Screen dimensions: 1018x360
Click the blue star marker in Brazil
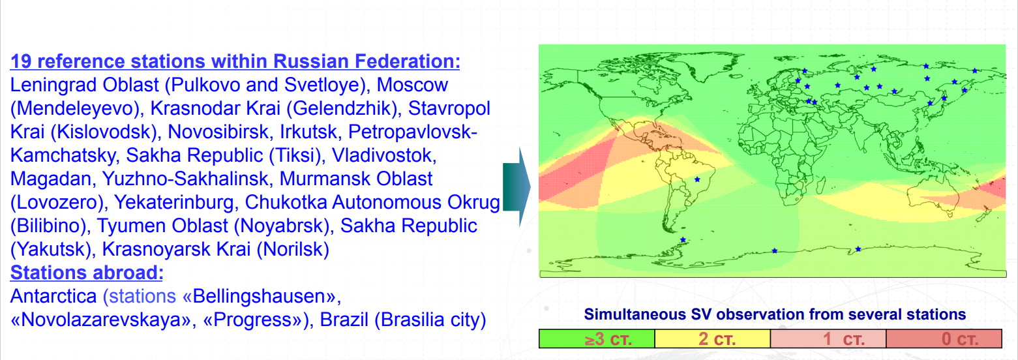(x=697, y=179)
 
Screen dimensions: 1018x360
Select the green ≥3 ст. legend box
(x=597, y=338)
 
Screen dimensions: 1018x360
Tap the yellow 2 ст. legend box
(x=713, y=338)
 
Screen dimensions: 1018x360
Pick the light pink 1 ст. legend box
(x=828, y=338)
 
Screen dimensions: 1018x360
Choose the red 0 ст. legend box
(x=944, y=338)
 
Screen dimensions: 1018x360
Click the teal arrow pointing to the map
(x=516, y=187)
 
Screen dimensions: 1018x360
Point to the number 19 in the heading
(x=21, y=61)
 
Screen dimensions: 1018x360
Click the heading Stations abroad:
(x=87, y=273)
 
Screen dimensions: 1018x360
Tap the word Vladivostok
(x=384, y=155)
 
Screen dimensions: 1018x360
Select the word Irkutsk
(x=308, y=132)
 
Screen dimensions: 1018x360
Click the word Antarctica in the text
(x=53, y=296)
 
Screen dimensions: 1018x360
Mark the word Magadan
(x=52, y=179)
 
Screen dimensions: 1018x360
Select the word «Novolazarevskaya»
(x=104, y=320)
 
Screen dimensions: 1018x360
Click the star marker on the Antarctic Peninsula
(x=683, y=239)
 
